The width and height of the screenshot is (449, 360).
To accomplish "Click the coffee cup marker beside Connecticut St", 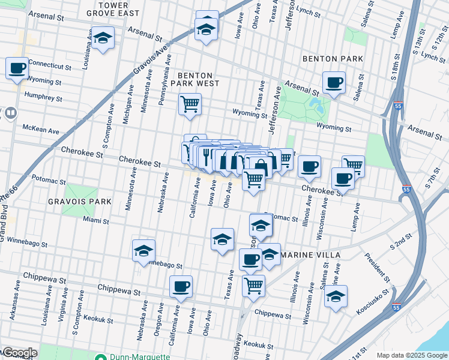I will point(17,67).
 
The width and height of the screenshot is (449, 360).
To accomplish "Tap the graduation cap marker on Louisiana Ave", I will point(103,38).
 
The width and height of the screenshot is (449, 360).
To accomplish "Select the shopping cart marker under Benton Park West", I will point(190,104).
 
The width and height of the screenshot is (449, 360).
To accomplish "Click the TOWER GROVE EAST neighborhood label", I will point(104,8).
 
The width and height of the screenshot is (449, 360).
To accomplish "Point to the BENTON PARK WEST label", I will point(194,79).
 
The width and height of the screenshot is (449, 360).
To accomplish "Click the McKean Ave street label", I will point(41,130).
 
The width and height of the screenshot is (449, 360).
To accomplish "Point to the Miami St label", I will point(96,221).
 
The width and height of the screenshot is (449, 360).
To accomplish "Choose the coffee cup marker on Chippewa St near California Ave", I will point(181,287).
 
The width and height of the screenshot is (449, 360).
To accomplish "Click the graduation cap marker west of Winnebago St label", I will point(143,251).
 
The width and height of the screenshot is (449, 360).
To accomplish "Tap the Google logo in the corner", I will point(19,353).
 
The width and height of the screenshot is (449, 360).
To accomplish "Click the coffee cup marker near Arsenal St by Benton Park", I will point(334,82).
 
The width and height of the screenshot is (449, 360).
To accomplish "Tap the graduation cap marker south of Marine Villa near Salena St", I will point(336,296).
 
